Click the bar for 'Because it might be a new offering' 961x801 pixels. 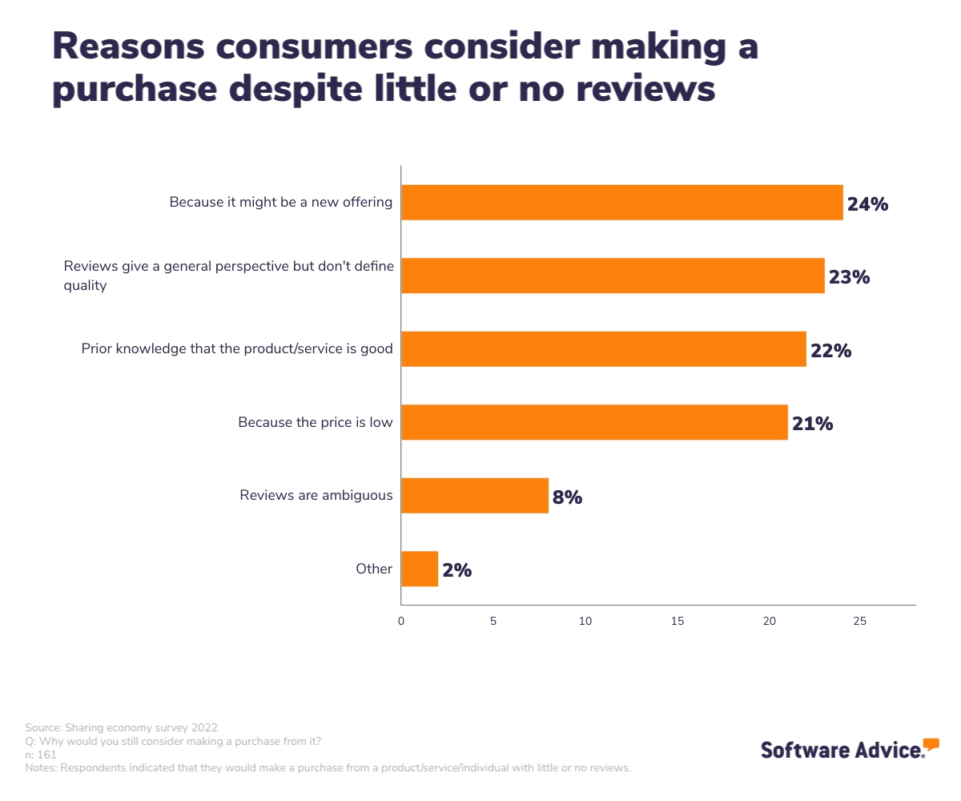pos(621,203)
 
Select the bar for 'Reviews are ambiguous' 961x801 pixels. pos(474,496)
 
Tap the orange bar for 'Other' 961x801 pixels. pos(419,570)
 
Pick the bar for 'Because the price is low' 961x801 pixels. pos(593,422)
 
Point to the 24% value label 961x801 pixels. pos(867,204)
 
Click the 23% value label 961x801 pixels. pos(849,278)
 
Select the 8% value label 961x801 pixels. pos(567,497)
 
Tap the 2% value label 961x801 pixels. pos(456,571)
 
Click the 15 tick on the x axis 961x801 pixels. pos(678,621)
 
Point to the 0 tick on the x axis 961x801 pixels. pos(401,621)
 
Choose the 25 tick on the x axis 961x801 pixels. pos(860,621)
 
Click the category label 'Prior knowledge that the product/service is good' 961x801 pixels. pos(237,349)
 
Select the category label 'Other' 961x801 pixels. pos(374,570)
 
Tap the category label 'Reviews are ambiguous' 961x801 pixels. pos(316,495)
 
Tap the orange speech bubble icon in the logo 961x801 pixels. pos(931,744)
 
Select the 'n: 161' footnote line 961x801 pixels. pos(41,755)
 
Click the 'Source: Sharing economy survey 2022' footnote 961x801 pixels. pos(121,728)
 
